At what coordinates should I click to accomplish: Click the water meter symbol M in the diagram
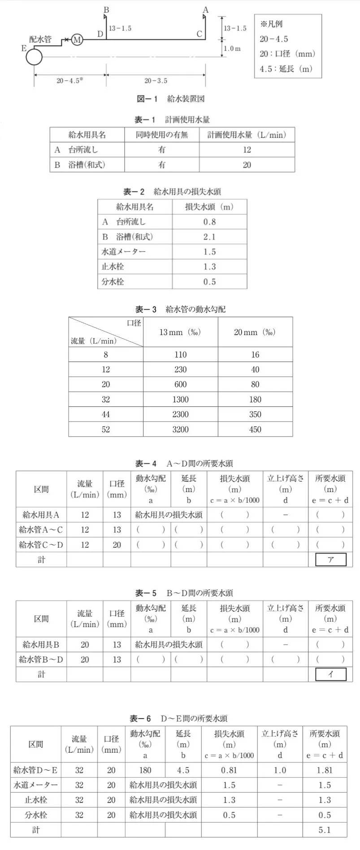[77, 39]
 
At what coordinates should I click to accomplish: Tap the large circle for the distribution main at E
[34, 57]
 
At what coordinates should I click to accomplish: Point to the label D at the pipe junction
[100, 34]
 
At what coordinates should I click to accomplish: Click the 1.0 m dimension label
[232, 48]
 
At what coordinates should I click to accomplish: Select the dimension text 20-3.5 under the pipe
[156, 81]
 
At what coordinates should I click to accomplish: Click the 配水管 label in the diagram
[40, 39]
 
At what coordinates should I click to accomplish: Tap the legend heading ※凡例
[271, 24]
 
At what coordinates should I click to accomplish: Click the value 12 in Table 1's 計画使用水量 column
[247, 150]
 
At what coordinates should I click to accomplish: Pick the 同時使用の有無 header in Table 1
[162, 135]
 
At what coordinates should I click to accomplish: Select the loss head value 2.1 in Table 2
[209, 237]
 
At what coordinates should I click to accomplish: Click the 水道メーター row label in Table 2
[124, 252]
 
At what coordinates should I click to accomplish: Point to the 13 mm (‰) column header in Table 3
[180, 332]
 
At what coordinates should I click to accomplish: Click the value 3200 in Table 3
[180, 429]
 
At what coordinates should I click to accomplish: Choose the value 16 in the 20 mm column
[255, 355]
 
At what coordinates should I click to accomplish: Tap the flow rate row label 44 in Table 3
[106, 414]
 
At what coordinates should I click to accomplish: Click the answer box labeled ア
[331, 559]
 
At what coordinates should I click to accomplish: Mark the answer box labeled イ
[331, 674]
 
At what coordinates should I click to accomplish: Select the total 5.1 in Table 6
[325, 830]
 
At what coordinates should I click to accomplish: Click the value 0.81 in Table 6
[229, 770]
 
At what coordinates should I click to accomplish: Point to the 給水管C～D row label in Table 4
[41, 545]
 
